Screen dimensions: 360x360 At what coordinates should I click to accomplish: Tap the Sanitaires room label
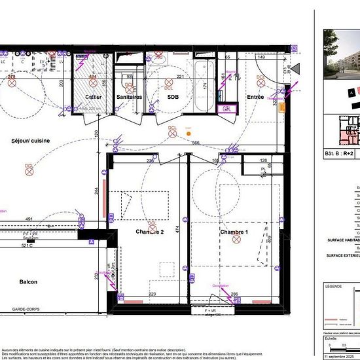[129, 97]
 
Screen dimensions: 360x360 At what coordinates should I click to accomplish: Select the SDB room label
[173, 97]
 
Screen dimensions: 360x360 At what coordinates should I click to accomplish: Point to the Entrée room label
[255, 97]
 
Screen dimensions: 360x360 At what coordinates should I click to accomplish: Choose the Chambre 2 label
[149, 232]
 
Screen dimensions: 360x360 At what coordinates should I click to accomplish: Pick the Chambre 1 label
[234, 232]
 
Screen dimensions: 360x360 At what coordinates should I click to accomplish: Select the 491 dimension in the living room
[29, 219]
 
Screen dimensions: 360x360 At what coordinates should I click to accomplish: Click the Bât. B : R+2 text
[339, 154]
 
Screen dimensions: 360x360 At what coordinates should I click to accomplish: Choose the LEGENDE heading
[334, 286]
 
